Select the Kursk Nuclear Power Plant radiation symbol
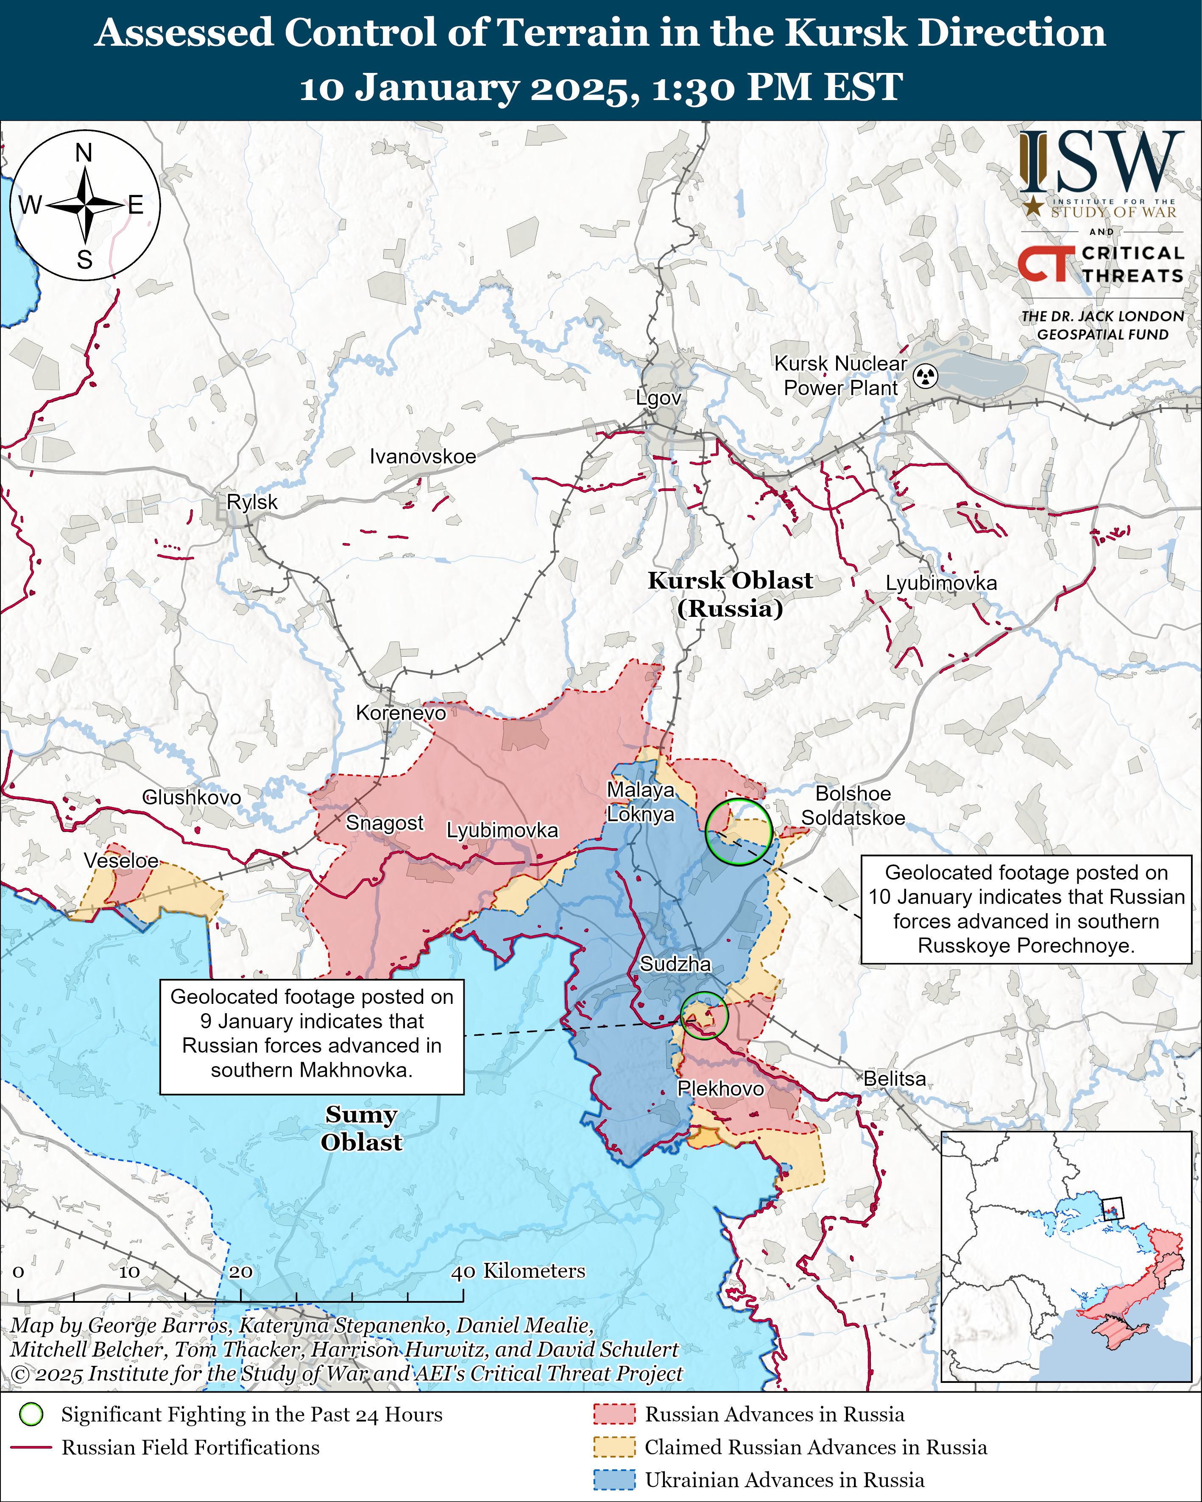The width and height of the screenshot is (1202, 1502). [926, 376]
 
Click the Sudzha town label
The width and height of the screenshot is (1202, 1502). [675, 964]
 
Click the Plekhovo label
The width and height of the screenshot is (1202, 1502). [720, 1088]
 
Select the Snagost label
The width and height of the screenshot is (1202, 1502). [385, 823]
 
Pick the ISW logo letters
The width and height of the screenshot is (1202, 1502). [1101, 163]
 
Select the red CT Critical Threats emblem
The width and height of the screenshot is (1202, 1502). [1045, 264]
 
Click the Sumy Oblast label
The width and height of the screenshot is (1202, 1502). [361, 1128]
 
